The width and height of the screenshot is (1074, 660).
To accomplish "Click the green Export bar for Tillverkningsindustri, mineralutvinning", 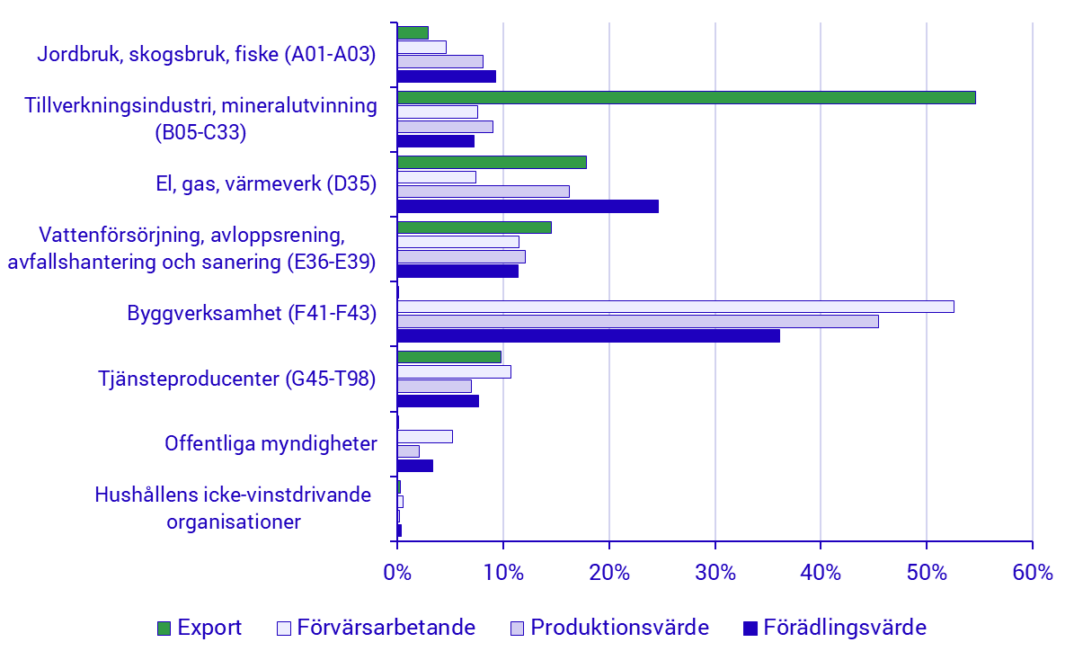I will tap(686, 97).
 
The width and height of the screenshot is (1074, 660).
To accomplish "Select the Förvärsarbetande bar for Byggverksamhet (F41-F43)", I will tap(675, 307).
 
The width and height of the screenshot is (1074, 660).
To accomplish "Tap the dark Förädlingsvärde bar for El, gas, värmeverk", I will tap(528, 207).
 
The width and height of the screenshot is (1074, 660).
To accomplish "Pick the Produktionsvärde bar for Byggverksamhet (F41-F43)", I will tap(637, 321).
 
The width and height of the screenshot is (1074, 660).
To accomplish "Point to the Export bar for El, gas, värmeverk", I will tap(492, 162).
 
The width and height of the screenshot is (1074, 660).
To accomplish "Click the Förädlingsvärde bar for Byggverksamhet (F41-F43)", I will tap(588, 335).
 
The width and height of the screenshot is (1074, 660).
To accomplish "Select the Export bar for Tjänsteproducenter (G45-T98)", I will tap(448, 357).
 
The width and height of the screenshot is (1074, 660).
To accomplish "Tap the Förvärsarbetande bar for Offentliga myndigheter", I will tap(424, 436).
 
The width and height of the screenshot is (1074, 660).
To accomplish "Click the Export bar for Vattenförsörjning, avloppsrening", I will tap(474, 227).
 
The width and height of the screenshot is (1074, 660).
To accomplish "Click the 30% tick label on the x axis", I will tap(715, 573).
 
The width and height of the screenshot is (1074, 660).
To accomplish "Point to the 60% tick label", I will tap(1032, 573).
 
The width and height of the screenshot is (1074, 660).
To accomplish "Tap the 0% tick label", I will tap(396, 573).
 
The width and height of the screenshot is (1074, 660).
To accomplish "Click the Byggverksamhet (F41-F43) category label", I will tap(252, 314).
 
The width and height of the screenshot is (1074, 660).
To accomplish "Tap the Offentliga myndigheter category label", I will tap(271, 443).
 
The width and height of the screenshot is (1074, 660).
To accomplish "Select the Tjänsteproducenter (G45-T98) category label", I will tap(237, 379).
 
